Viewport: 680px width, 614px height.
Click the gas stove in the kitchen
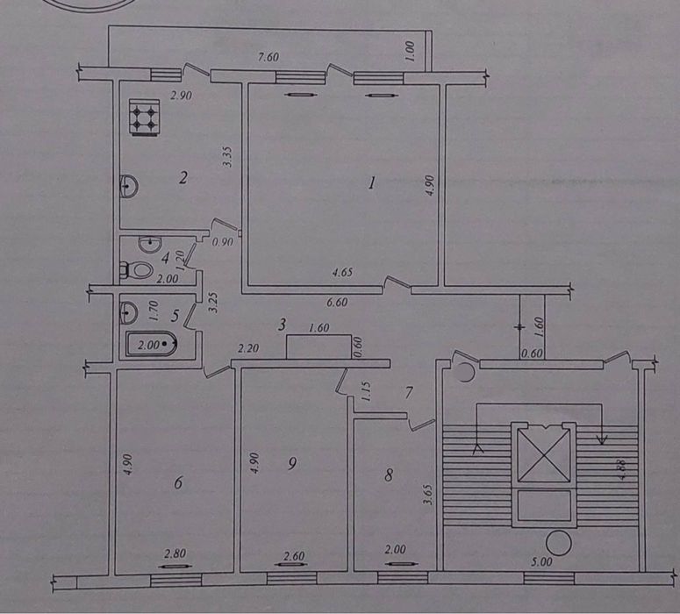(x=144, y=118)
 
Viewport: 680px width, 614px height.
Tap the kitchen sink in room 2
(x=129, y=186)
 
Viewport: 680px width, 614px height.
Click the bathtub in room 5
(x=152, y=345)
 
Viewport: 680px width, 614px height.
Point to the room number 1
(x=371, y=184)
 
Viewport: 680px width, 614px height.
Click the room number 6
(x=178, y=482)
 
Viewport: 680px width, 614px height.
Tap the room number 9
(x=292, y=464)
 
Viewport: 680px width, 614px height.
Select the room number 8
(x=389, y=475)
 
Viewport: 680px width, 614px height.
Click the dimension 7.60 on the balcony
(x=268, y=57)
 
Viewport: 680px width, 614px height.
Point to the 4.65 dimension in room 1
(x=342, y=272)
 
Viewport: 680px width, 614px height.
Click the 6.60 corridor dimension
(x=337, y=302)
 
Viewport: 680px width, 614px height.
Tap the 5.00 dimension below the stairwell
(x=541, y=562)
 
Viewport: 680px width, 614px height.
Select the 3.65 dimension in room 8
(x=429, y=495)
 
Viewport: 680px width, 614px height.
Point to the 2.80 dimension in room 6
(x=175, y=553)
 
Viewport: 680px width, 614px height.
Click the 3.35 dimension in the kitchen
(x=228, y=157)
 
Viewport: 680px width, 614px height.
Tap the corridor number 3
(x=283, y=324)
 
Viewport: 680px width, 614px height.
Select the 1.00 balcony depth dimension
(x=411, y=51)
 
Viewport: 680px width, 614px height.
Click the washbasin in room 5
(x=128, y=312)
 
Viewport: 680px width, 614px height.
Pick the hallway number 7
(x=408, y=393)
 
